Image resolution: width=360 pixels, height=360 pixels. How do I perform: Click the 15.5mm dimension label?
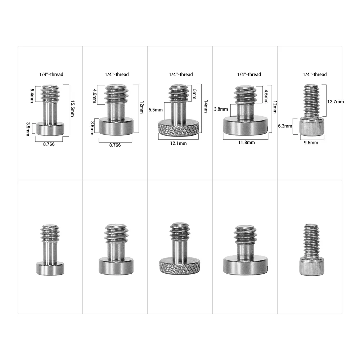(x=73, y=109)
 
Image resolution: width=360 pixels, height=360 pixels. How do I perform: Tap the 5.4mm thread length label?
(x=32, y=95)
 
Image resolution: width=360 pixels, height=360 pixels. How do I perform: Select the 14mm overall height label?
(x=206, y=106)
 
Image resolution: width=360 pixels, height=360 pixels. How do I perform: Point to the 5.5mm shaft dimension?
(x=156, y=110)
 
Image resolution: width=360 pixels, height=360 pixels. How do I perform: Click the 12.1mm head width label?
(x=179, y=144)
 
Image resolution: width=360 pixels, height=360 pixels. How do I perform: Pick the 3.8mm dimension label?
(x=221, y=109)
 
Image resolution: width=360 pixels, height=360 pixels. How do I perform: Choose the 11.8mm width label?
(x=246, y=143)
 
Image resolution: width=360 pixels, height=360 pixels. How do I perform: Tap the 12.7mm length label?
(x=336, y=102)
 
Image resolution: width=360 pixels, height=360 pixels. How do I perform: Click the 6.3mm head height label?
(x=285, y=126)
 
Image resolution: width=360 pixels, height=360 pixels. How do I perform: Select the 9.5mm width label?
(x=311, y=143)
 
